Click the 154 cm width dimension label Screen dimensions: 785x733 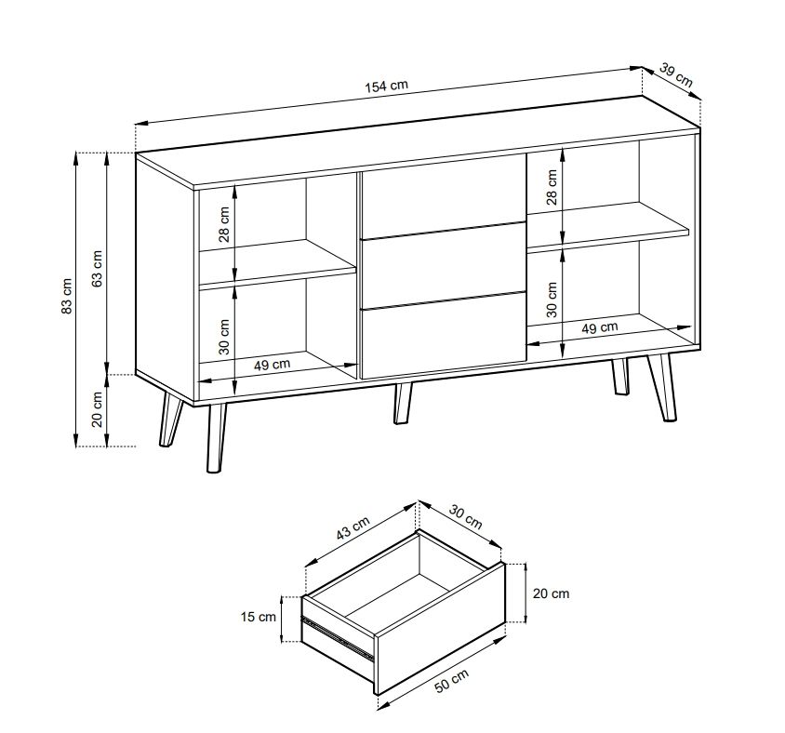(386, 86)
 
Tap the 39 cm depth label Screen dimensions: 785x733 (676, 74)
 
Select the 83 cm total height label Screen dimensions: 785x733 (67, 296)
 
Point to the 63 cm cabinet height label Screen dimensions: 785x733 (98, 269)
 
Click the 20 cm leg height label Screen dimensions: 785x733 (98, 409)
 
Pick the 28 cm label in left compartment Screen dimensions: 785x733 (224, 224)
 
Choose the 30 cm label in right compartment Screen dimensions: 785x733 (552, 300)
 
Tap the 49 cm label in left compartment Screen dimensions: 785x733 (272, 364)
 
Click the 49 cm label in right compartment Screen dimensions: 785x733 (599, 328)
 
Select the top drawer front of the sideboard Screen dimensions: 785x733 (444, 195)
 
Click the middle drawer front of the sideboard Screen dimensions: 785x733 (444, 265)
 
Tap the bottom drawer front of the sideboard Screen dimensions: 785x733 (444, 337)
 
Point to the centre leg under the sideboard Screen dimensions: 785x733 (402, 404)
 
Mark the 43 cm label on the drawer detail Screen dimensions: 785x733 (353, 528)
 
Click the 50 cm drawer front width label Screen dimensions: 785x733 (451, 680)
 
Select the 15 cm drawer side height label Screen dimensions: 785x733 (259, 617)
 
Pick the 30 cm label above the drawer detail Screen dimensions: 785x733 (466, 517)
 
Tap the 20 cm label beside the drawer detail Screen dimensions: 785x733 (551, 593)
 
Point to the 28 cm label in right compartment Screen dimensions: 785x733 (552, 187)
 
